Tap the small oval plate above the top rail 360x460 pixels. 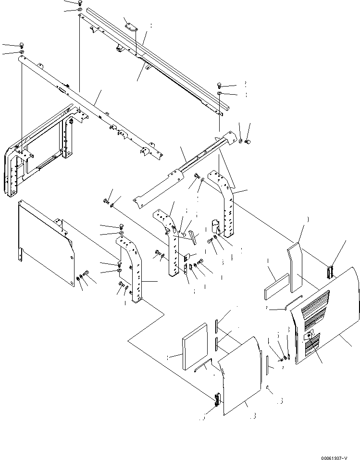130,25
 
